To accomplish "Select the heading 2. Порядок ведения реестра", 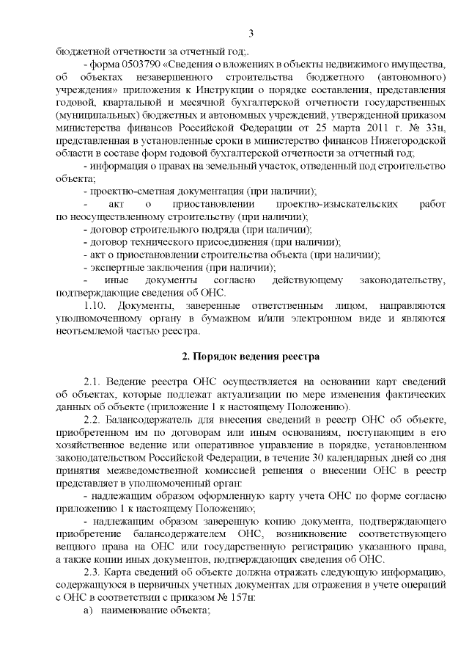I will pos(251,357).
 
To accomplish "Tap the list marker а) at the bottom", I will pos(89,612).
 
